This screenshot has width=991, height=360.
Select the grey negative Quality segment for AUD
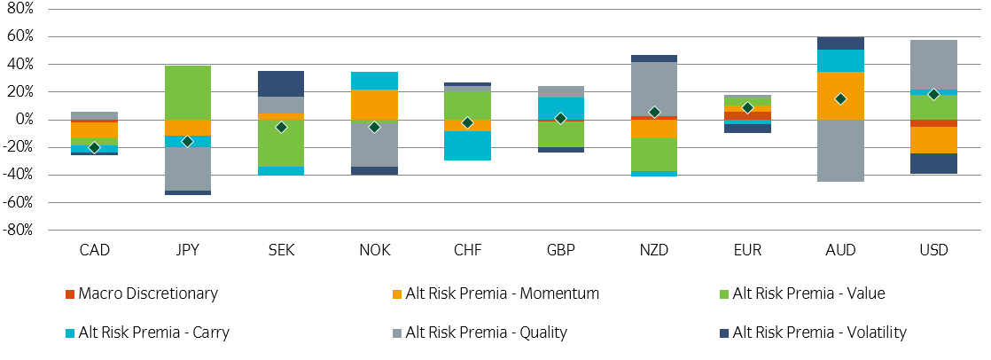pyautogui.click(x=840, y=150)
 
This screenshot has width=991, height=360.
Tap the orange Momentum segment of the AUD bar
pyautogui.click(x=840, y=96)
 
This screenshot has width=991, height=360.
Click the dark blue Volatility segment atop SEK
pyautogui.click(x=281, y=83)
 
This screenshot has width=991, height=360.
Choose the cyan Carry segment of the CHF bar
pyautogui.click(x=467, y=145)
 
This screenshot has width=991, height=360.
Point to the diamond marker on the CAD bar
pyautogui.click(x=94, y=147)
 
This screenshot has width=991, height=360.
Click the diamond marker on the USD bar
pyautogui.click(x=933, y=94)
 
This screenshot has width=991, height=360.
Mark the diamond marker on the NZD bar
pyautogui.click(x=654, y=112)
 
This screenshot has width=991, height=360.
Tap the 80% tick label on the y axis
pyautogui.click(x=20, y=9)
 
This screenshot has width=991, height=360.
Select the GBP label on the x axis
pyautogui.click(x=560, y=251)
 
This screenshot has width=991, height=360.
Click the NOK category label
pyautogui.click(x=374, y=251)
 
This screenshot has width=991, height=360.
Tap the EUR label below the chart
pyautogui.click(x=747, y=251)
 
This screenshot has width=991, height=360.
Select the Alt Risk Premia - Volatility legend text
pyautogui.click(x=820, y=333)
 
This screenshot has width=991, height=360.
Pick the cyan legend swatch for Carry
pyautogui.click(x=69, y=333)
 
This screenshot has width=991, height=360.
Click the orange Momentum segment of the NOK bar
pyautogui.click(x=374, y=105)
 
